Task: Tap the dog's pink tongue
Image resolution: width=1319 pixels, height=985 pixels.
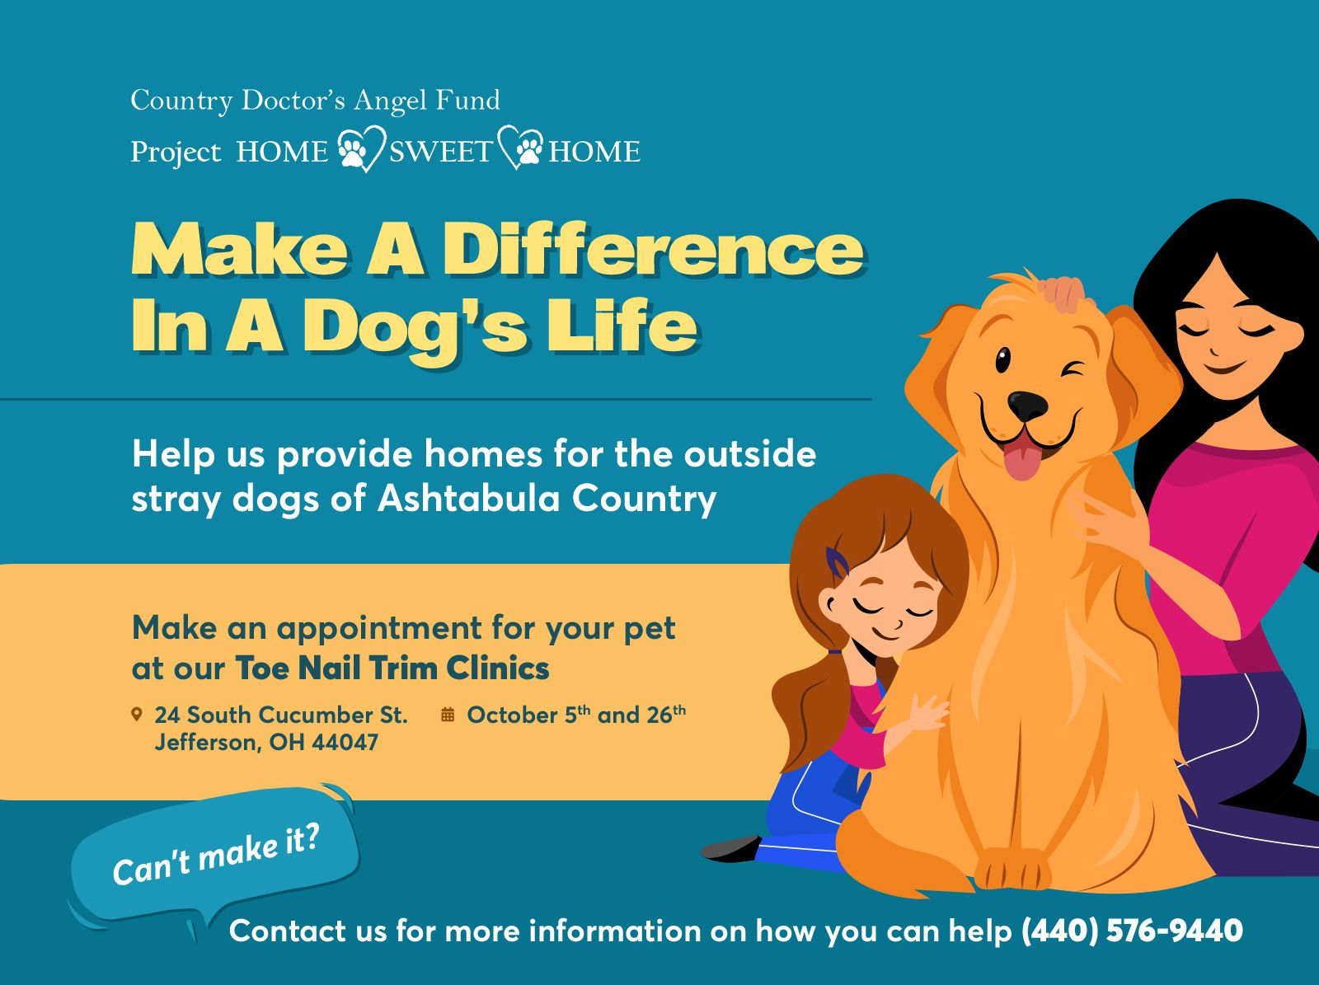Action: click(1022, 457)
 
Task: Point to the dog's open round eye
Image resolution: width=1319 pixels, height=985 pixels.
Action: click(1002, 360)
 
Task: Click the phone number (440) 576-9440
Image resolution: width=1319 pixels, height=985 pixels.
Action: click(1132, 931)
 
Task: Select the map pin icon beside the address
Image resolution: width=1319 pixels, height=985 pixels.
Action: click(137, 714)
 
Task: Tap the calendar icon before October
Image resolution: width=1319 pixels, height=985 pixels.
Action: click(448, 715)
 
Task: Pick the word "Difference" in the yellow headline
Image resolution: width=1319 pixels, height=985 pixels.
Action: click(653, 249)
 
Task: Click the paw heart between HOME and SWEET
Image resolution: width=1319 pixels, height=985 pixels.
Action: click(360, 148)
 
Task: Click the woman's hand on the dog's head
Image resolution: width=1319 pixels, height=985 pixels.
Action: click(1063, 293)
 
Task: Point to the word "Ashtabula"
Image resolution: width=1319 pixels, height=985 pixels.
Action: click(468, 498)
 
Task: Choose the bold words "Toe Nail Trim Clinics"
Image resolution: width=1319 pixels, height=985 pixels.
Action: click(392, 668)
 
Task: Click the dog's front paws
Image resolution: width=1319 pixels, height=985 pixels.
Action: click(1012, 867)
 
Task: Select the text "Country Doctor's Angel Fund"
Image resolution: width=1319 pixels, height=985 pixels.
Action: click(316, 101)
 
